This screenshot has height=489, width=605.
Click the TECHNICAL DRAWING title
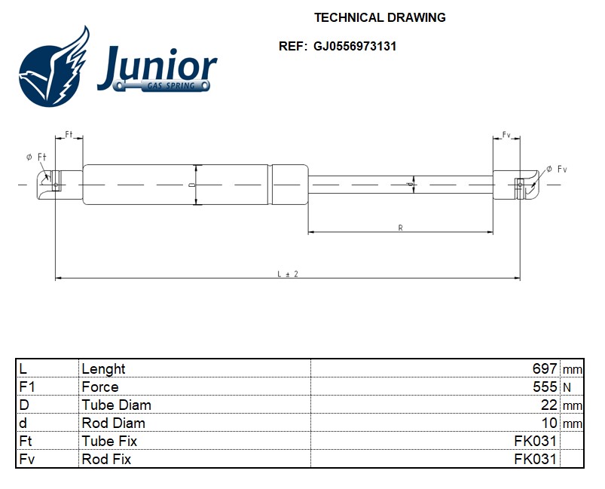tap(380, 18)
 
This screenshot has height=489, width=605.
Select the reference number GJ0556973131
tap(355, 46)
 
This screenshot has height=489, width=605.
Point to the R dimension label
tap(401, 228)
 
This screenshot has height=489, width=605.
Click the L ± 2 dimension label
tap(288, 274)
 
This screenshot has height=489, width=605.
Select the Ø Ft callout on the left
tap(36, 157)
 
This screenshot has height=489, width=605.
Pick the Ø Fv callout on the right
tap(557, 169)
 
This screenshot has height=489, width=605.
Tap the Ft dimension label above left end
tap(69, 134)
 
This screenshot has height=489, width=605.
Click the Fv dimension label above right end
tap(506, 135)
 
